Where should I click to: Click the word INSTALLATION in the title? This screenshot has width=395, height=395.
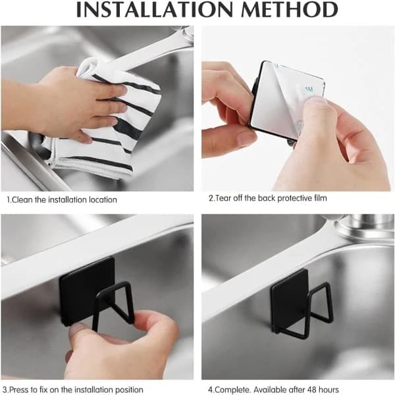[155, 10]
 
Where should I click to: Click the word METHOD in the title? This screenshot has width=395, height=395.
[290, 10]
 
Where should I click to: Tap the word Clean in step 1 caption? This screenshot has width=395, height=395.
[22, 199]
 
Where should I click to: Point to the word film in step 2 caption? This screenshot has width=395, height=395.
[321, 198]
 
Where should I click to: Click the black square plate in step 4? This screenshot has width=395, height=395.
[288, 295]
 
